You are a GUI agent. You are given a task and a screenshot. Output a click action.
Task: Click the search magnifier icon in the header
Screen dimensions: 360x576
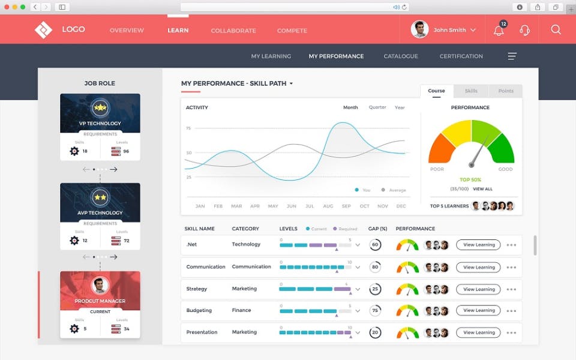click(556, 30)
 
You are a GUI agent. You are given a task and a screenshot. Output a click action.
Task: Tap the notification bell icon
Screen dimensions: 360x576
click(499, 31)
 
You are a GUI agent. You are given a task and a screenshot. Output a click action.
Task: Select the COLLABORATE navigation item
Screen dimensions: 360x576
click(233, 31)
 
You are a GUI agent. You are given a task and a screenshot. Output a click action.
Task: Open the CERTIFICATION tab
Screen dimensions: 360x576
click(461, 56)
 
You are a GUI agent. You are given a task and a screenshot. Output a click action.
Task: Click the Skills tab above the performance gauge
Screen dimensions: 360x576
click(471, 91)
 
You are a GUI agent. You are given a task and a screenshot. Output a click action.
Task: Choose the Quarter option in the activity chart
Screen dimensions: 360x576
click(377, 107)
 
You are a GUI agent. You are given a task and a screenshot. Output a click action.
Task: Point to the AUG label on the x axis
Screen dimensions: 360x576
click(328, 206)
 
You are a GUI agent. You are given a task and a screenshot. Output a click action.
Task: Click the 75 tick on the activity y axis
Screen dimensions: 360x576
click(188, 128)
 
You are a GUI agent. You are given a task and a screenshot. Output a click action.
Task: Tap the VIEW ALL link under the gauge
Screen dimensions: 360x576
click(482, 189)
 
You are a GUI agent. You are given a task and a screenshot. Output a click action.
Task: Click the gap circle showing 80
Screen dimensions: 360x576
click(376, 267)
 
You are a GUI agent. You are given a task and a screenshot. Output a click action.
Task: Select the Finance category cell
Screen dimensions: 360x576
click(242, 310)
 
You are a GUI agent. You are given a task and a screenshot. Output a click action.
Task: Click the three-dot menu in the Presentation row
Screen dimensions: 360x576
click(511, 332)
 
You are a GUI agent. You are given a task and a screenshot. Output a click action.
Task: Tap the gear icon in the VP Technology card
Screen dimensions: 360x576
click(74, 151)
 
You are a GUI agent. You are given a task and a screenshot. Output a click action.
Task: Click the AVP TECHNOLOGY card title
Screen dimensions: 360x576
click(100, 213)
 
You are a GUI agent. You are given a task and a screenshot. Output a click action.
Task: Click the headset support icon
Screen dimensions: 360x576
click(524, 30)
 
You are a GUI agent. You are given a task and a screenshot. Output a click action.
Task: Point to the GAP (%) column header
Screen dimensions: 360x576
click(377, 229)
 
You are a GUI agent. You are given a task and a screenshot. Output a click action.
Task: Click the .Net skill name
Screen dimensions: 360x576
click(192, 244)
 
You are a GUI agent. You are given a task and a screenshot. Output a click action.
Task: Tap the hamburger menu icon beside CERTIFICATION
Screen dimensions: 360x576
click(512, 56)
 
